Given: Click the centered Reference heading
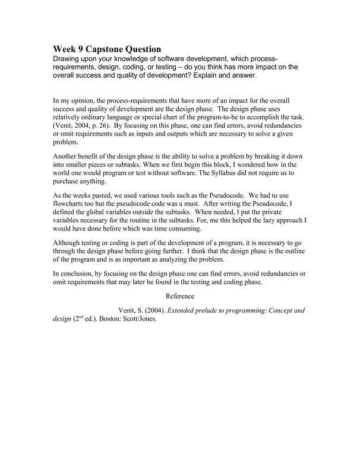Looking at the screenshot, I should (180, 296).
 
